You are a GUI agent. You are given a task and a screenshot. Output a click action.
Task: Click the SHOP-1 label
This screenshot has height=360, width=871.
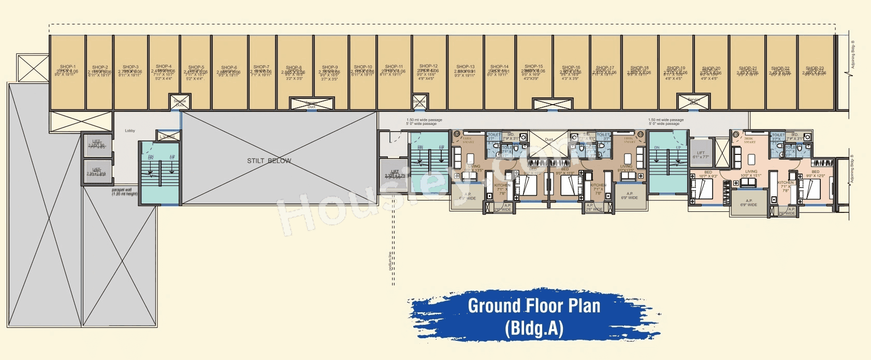pos(67,67)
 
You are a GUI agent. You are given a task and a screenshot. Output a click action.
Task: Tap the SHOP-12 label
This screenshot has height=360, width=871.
pos(429,66)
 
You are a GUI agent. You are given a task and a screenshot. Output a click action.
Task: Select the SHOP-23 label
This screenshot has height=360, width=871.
pos(815,68)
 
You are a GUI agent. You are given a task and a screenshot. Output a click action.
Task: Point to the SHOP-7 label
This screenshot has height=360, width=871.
pos(261,67)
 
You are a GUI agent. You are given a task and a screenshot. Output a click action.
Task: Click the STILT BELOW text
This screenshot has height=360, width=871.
pos(269,161)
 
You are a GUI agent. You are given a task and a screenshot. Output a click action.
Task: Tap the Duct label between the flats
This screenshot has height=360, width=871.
pos(549,140)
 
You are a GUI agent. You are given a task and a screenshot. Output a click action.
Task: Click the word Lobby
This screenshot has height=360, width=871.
pos(130,131)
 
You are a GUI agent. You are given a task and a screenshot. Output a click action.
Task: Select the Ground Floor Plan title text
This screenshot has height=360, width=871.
pos(534,306)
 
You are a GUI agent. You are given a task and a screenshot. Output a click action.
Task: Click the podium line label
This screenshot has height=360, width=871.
pos(390,261)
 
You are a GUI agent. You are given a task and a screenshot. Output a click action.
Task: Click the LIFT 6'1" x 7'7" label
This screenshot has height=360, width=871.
pos(701,155)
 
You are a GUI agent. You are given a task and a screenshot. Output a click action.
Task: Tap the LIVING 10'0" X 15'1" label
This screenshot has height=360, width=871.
pos(751,173)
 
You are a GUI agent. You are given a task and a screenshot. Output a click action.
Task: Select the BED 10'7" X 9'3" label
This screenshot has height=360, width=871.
pos(708,174)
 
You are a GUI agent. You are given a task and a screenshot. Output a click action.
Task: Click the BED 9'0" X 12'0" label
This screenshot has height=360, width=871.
pos(815,174)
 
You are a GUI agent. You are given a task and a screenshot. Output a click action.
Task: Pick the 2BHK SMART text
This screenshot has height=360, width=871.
pos(749,140)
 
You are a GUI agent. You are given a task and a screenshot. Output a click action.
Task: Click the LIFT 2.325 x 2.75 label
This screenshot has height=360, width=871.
pos(395,174)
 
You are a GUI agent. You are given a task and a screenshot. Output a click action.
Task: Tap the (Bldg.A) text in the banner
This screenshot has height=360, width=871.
pos(534,329)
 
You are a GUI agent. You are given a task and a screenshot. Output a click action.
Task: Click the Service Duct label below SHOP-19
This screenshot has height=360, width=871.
pos(694,102)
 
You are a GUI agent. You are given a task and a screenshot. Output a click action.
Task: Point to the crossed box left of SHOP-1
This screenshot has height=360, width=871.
pos(33,68)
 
